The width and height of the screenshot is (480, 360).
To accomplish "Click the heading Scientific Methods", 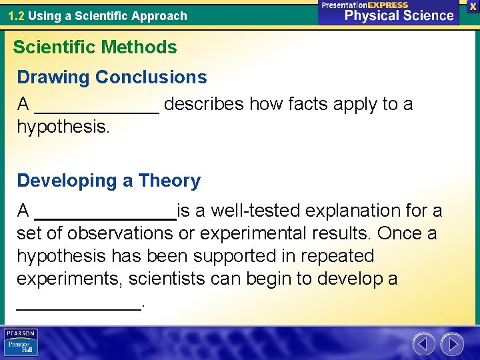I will (95, 47).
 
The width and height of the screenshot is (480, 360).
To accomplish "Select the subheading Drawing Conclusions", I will (112, 77).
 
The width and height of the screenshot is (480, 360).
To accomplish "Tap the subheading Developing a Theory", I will (109, 181).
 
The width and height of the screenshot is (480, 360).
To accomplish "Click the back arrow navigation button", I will (423, 344).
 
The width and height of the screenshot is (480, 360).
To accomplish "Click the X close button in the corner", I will (473, 5).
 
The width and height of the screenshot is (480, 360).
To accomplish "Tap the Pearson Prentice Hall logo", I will (21, 343).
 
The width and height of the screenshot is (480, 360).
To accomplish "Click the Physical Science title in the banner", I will (399, 15).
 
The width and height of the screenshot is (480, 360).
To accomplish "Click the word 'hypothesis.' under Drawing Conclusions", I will (63, 127).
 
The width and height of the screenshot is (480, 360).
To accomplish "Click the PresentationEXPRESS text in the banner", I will (365, 5).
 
